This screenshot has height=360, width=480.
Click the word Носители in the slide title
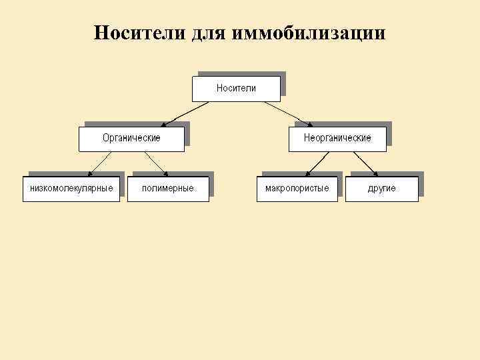pyautogui.click(x=137, y=33)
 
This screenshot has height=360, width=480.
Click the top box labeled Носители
pyautogui.click(x=236, y=88)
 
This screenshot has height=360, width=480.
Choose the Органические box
pyautogui.click(x=131, y=138)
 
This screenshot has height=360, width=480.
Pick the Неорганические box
pyautogui.click(x=337, y=138)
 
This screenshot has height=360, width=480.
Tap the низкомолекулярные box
pyautogui.click(x=71, y=189)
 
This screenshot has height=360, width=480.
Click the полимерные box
pyautogui.click(x=168, y=189)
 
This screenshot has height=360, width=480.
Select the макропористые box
pyautogui.click(x=297, y=189)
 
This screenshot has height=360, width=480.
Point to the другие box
pyautogui.click(x=382, y=189)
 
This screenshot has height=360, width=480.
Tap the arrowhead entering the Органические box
pyautogui.click(x=165, y=125)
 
